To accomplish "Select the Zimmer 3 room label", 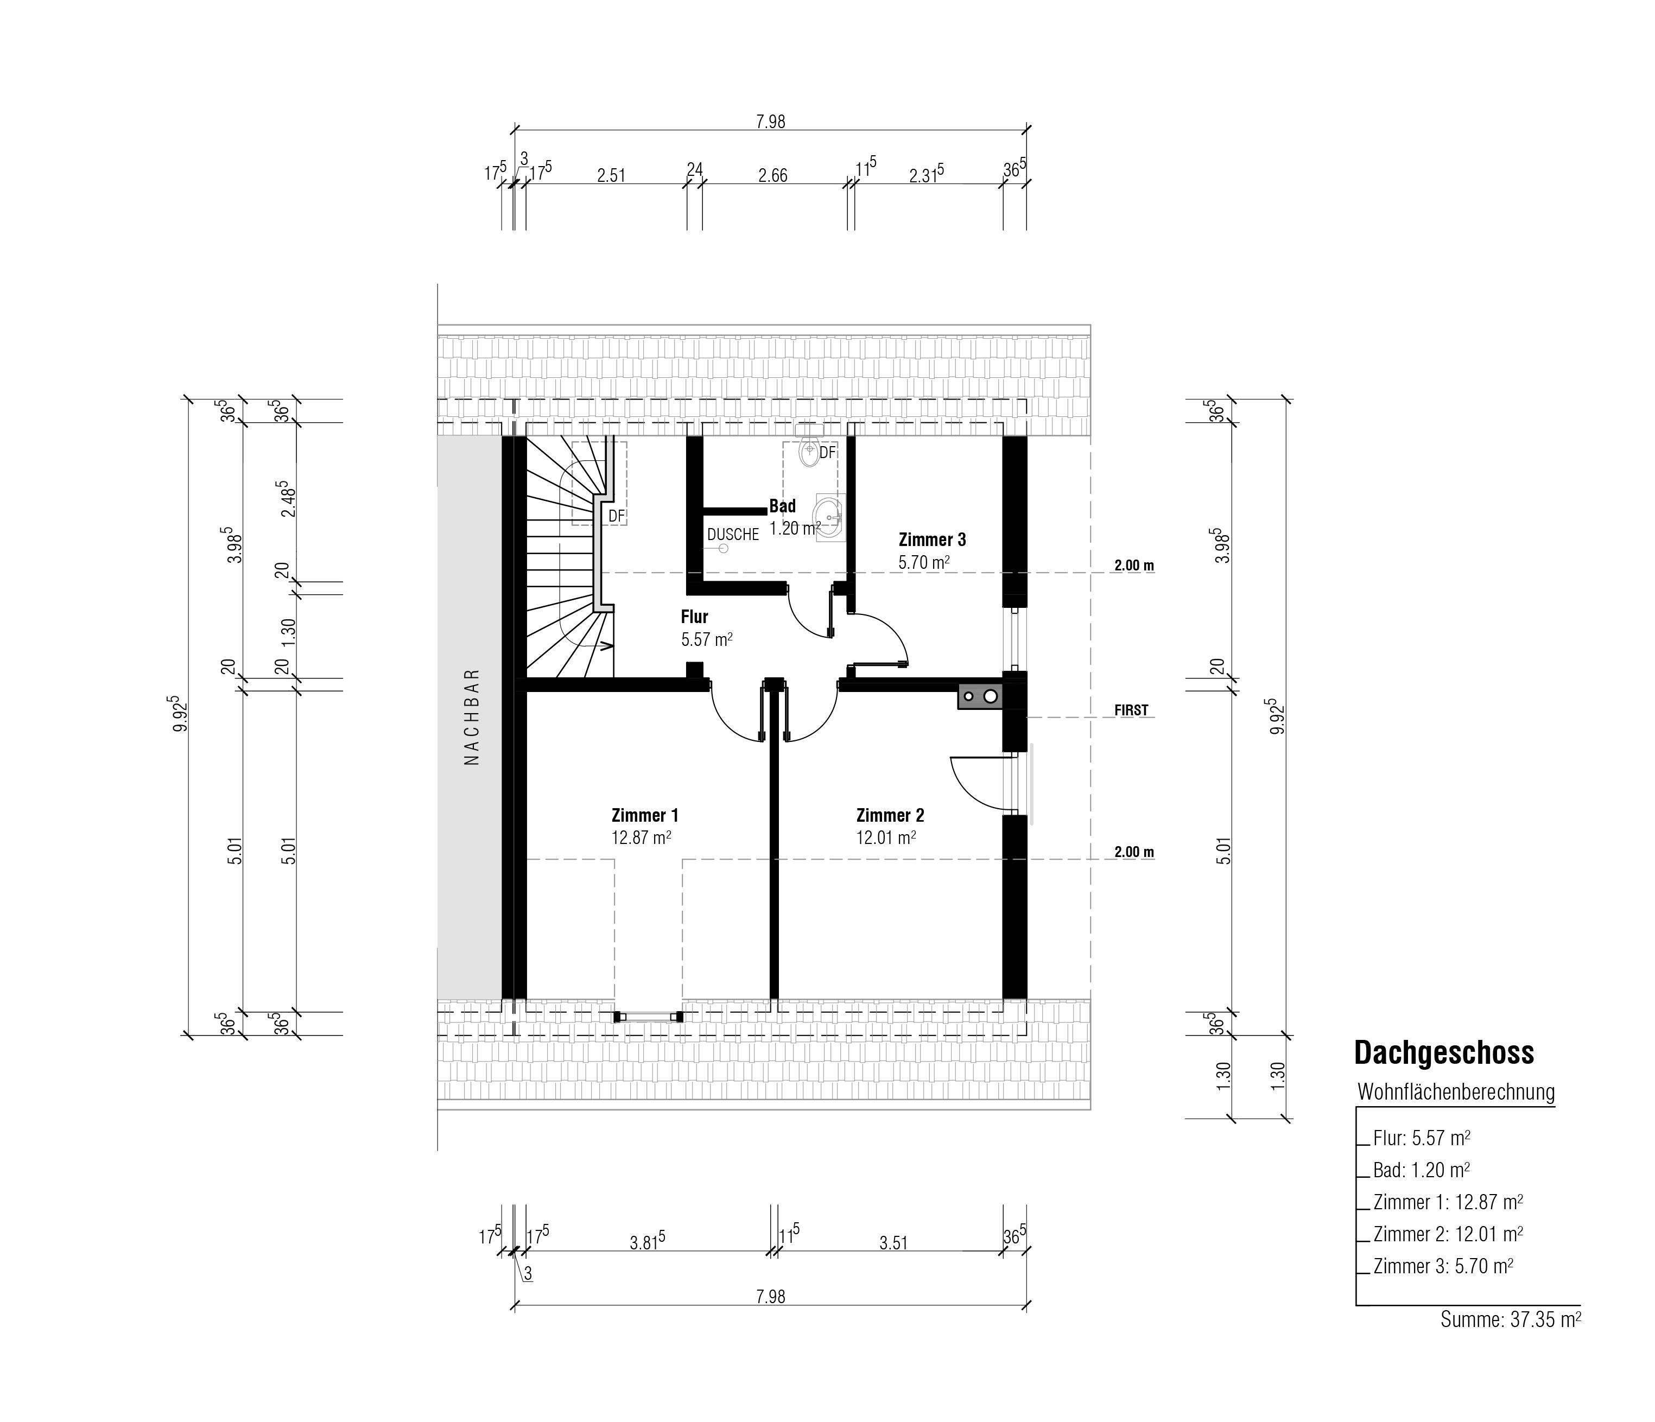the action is tap(932, 539).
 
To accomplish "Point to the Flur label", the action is tap(694, 617).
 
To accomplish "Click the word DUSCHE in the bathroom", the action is tap(732, 535).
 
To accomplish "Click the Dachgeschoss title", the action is tap(1444, 1053).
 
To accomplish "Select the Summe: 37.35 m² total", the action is tap(1511, 1320).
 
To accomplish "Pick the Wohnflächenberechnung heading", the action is tap(1456, 1092).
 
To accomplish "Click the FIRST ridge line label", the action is tap(1131, 710).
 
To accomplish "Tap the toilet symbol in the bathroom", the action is tap(809, 450).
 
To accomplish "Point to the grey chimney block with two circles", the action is tap(980, 696).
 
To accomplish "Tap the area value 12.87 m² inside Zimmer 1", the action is tap(641, 837).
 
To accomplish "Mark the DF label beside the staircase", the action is tap(616, 516).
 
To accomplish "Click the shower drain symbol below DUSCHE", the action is tap(724, 549).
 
